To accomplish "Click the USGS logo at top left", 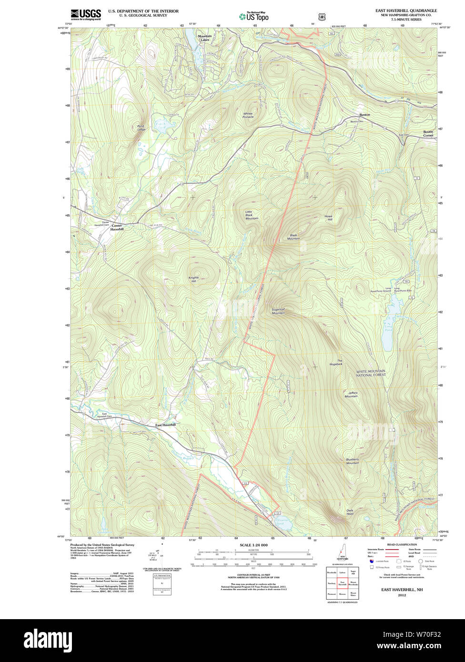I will [86, 15].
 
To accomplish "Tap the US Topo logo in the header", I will [254, 16].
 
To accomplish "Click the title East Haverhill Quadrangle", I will [405, 10].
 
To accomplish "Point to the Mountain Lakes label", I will [204, 38].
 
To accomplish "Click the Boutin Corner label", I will [428, 134].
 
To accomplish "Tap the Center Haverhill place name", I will [117, 228].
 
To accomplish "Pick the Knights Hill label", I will [193, 280].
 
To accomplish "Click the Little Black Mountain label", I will [252, 215].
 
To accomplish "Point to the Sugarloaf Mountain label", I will [278, 311].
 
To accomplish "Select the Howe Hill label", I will [328, 218].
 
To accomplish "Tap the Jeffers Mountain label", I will [351, 394].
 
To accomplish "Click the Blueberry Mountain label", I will [352, 461].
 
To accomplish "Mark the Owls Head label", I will [350, 512].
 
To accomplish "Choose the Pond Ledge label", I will [142, 128].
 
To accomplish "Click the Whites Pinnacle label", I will [248, 115].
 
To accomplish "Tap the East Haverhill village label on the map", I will [165, 424].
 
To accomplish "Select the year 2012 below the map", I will [402, 595].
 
